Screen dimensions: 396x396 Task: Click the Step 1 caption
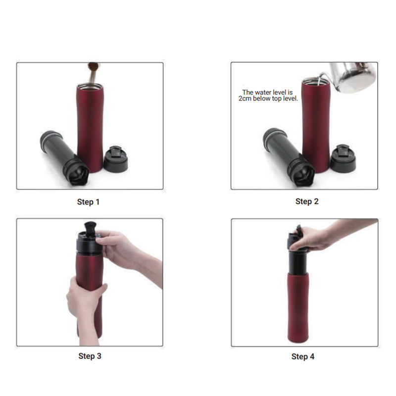point(88,202)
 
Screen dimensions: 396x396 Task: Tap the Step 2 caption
point(307,201)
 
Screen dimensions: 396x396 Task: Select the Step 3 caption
point(90,356)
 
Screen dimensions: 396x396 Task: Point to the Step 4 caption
point(303,356)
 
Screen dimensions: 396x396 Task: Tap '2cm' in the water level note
point(245,99)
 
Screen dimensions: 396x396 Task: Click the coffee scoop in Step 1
point(93,71)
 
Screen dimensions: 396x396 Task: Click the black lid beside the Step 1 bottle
point(116,159)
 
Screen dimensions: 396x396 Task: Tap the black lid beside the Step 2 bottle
point(343,158)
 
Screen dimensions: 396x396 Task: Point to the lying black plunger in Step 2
point(289,156)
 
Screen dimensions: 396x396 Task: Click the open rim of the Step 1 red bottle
point(90,86)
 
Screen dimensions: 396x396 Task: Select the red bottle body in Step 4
point(298,307)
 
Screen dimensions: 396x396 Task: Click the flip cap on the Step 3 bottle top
point(90,229)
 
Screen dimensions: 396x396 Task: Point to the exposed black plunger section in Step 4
point(298,263)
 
